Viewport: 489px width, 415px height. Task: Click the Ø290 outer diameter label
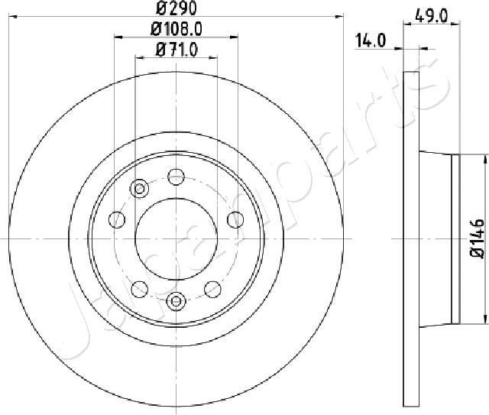tap(176, 11)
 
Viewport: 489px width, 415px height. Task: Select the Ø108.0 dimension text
tap(176, 31)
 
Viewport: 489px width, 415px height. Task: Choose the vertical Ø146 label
tap(477, 238)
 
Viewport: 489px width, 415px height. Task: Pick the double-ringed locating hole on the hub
tap(139, 190)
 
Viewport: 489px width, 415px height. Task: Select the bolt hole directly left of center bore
tap(117, 220)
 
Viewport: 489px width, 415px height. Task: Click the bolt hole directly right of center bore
tap(235, 220)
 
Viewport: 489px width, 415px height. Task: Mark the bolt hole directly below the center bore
tap(176, 301)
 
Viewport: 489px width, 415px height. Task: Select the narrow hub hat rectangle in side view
tap(456, 238)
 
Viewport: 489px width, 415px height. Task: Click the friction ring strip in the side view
tap(412, 238)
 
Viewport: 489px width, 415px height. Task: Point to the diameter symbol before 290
tap(163, 11)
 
